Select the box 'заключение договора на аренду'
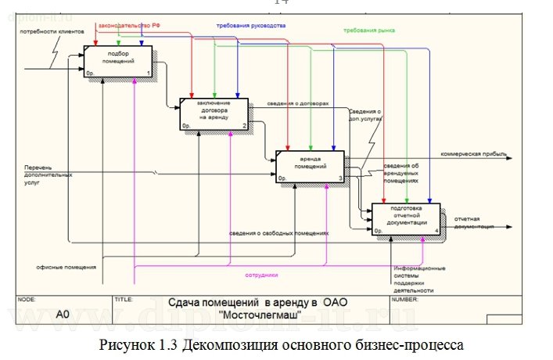(214, 113)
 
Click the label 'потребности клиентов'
(48, 31)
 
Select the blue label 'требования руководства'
(251, 25)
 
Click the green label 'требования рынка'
(368, 30)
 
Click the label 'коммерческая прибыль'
(473, 153)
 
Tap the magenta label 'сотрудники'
(261, 275)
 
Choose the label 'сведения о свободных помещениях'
(279, 232)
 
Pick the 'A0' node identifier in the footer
(63, 314)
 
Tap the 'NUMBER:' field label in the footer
(405, 299)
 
